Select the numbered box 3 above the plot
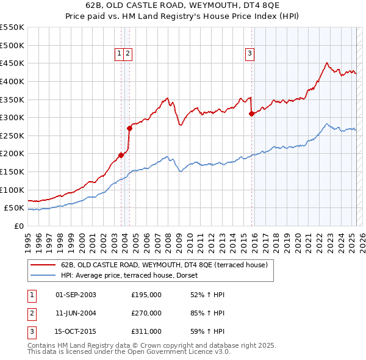click(249, 54)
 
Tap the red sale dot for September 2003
click(121, 155)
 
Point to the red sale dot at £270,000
click(129, 128)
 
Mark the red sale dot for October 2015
click(251, 113)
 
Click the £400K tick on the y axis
click(12, 81)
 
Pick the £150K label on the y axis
click(12, 171)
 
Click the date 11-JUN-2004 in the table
click(76, 313)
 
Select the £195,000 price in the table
click(146, 295)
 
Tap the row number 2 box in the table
click(31, 313)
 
